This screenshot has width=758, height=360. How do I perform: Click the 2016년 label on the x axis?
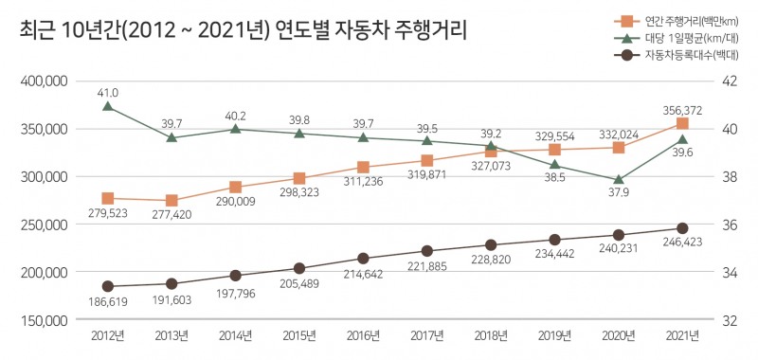(x=363, y=336)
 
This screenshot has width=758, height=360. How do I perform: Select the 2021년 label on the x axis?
(x=681, y=336)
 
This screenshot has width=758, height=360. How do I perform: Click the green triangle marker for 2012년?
(x=108, y=106)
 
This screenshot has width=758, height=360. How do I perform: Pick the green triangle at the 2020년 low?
(x=619, y=179)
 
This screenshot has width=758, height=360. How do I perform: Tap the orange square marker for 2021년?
(x=682, y=123)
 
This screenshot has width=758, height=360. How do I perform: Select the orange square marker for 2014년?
(x=235, y=188)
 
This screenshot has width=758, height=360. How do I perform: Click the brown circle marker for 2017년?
(x=426, y=251)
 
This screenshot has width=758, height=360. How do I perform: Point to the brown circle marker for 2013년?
(x=171, y=283)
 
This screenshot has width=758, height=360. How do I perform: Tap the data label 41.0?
(x=108, y=93)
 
